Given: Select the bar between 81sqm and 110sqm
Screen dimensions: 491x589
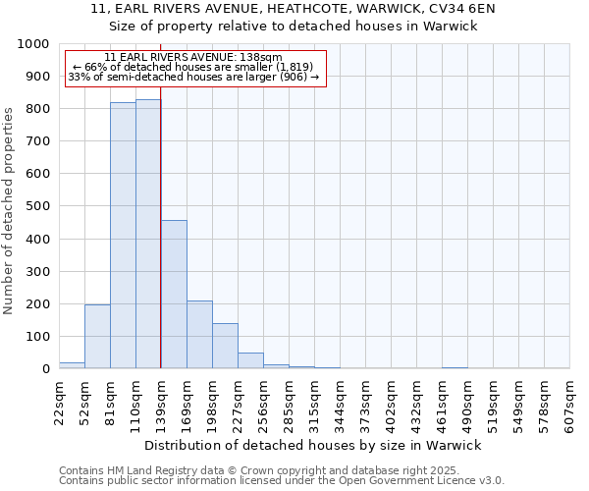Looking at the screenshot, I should [x=123, y=236].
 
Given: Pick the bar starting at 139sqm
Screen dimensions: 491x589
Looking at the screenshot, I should [x=174, y=295].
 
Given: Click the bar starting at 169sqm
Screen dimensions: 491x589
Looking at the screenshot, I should [x=199, y=335].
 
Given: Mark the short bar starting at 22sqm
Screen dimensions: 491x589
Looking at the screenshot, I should [x=72, y=365].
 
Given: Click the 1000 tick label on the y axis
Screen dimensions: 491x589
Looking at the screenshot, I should [x=32, y=44].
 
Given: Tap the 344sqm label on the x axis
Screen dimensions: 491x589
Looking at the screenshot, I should [x=340, y=402].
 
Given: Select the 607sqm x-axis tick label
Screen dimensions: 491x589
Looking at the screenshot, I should [x=569, y=402].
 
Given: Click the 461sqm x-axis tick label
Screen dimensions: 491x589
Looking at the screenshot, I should [x=442, y=402].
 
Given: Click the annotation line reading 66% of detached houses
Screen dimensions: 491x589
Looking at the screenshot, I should [x=193, y=67].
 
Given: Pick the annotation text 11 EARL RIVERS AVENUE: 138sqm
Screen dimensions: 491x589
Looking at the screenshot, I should [x=193, y=57].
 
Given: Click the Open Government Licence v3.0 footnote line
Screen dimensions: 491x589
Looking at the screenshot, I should [x=282, y=481].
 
